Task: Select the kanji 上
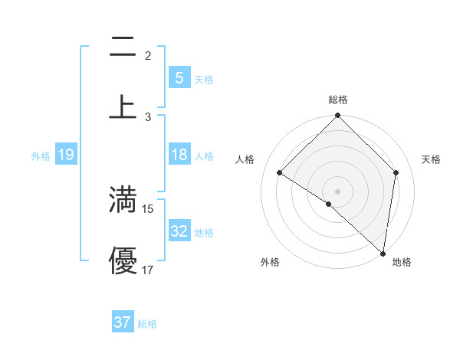pyautogui.click(x=123, y=106)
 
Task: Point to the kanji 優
pyautogui.click(x=123, y=260)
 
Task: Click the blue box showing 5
pyautogui.click(x=179, y=78)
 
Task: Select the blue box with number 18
pyautogui.click(x=179, y=155)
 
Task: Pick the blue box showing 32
pyautogui.click(x=179, y=231)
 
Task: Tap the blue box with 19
pyautogui.click(x=65, y=155)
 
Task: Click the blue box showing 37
pyautogui.click(x=123, y=322)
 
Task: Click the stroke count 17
pyautogui.click(x=148, y=270)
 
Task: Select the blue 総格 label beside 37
pyautogui.click(x=147, y=324)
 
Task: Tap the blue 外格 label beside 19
pyautogui.click(x=41, y=155)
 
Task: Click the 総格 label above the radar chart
pyautogui.click(x=338, y=100)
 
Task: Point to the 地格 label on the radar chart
pyautogui.click(x=402, y=262)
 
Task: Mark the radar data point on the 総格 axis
pyautogui.click(x=338, y=116)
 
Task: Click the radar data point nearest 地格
pyautogui.click(x=383, y=254)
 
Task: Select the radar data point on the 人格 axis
pyautogui.click(x=280, y=173)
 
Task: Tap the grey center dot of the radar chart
pyautogui.click(x=338, y=191)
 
